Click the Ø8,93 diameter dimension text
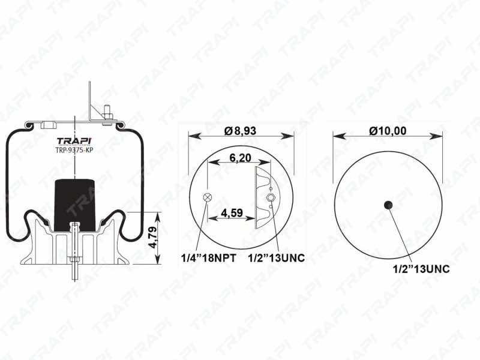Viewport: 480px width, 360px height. (240, 131)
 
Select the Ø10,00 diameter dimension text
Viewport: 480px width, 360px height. (388, 131)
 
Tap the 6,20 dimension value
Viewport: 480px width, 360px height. (241, 158)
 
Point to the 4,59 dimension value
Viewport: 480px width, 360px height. (232, 213)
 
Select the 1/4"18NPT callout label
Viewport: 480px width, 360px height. (209, 258)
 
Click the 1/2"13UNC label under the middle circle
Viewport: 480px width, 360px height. (277, 258)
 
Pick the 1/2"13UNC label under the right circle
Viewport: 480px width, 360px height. (421, 269)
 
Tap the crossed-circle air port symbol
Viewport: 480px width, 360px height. (207, 197)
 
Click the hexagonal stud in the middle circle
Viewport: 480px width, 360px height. (271, 197)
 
